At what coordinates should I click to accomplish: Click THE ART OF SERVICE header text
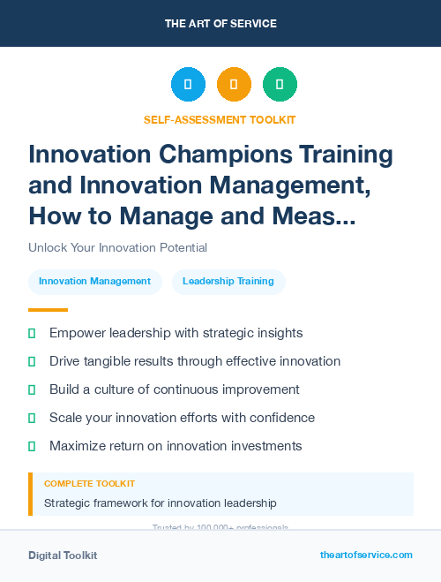pyautogui.click(x=220, y=24)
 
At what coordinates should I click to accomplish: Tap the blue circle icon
pyautogui.click(x=188, y=85)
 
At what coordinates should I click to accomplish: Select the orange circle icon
pyautogui.click(x=234, y=85)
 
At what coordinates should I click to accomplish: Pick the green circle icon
pyautogui.click(x=280, y=85)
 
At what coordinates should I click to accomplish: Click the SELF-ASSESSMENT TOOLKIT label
pyautogui.click(x=220, y=119)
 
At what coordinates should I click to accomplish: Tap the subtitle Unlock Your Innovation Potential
pyautogui.click(x=117, y=247)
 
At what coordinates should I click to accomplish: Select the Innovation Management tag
pyautogui.click(x=95, y=282)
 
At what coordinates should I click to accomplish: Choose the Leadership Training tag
pyautogui.click(x=228, y=282)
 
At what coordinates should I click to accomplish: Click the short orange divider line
pyautogui.click(x=48, y=310)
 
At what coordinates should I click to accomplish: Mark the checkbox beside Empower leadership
pyautogui.click(x=32, y=333)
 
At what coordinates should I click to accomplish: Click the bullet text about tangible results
pyautogui.click(x=195, y=361)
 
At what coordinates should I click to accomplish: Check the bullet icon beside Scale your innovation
pyautogui.click(x=32, y=418)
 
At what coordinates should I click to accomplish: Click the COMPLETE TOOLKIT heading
pyautogui.click(x=89, y=484)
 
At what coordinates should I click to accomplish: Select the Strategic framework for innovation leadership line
pyautogui.click(x=161, y=503)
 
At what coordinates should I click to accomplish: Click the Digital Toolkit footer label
pyautogui.click(x=63, y=556)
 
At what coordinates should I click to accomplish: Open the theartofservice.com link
pyautogui.click(x=366, y=556)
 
